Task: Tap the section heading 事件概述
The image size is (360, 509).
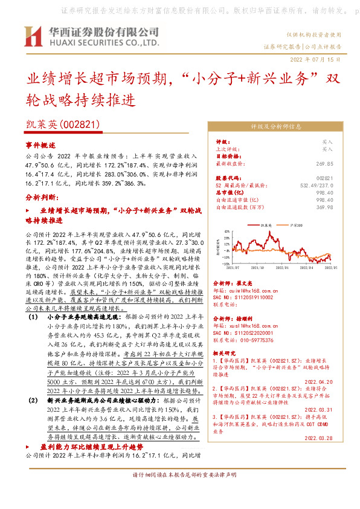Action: tap(40, 146)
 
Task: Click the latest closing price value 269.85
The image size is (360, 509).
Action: tap(324, 163)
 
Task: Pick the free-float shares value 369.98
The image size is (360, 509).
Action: tap(324, 207)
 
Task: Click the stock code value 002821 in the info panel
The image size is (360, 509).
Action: tap(324, 178)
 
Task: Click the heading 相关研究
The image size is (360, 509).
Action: tap(227, 352)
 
